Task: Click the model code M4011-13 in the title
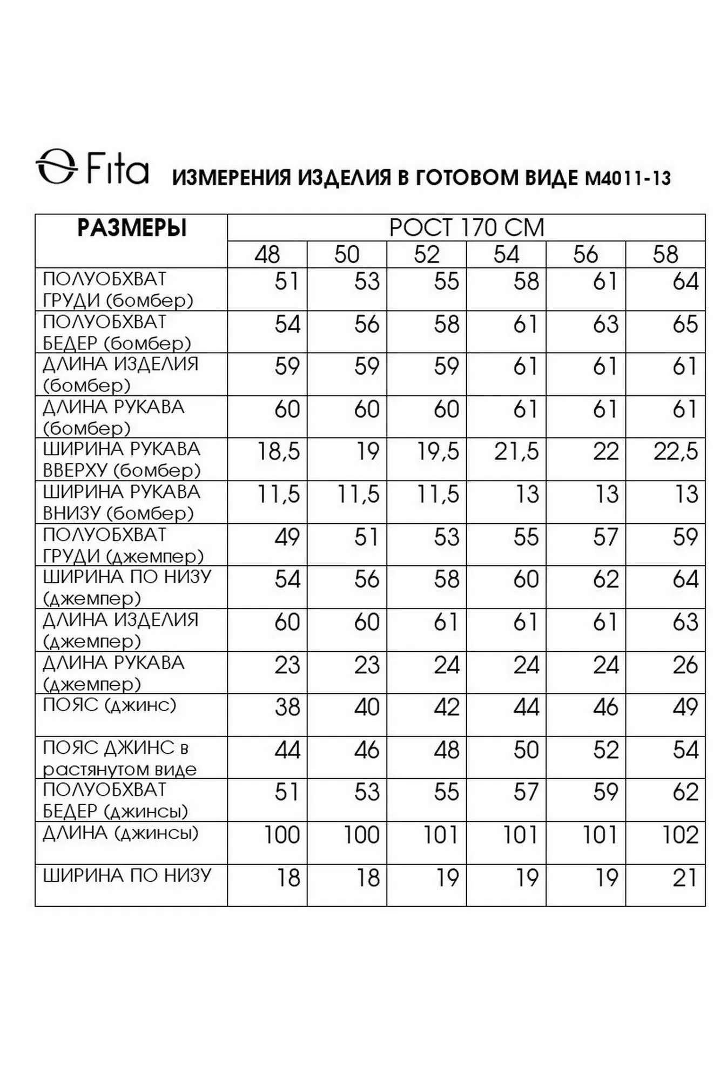[x=628, y=178]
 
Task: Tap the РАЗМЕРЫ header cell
[x=132, y=228]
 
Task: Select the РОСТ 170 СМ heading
[x=466, y=228]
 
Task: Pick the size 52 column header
[x=426, y=255]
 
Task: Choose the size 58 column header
[x=665, y=255]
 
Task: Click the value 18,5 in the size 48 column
[x=278, y=452]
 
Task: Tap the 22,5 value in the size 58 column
[x=676, y=452]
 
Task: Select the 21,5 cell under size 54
[x=516, y=452]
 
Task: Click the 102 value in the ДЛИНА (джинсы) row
[x=680, y=835]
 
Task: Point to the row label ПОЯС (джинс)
[x=110, y=705]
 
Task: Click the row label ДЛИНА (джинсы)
[x=120, y=833]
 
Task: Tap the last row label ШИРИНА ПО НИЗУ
[x=127, y=875]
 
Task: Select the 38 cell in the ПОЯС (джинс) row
[x=287, y=707]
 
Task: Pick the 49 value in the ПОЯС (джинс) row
[x=685, y=707]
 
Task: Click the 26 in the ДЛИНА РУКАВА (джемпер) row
[x=685, y=665]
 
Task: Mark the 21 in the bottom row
[x=685, y=878]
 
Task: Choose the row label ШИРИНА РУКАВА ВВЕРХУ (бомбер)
[x=122, y=460]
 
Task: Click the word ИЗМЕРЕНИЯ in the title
[x=231, y=178]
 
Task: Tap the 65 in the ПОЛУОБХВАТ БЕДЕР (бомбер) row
[x=685, y=325]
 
